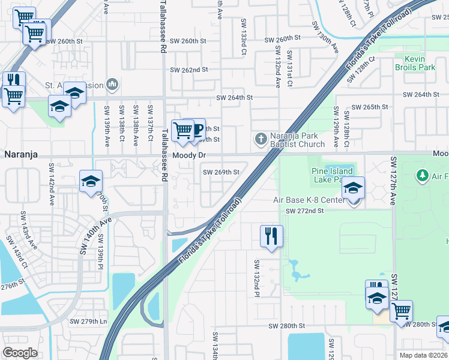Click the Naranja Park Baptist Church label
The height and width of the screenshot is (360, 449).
point(297,140)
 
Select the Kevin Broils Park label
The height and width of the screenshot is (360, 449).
point(420,64)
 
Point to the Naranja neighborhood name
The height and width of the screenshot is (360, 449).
point(21,154)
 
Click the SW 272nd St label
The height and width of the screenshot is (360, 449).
point(304,211)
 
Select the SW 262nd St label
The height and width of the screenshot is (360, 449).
point(188,70)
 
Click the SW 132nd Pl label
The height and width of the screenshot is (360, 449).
point(256,278)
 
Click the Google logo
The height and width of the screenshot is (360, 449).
point(20,353)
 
